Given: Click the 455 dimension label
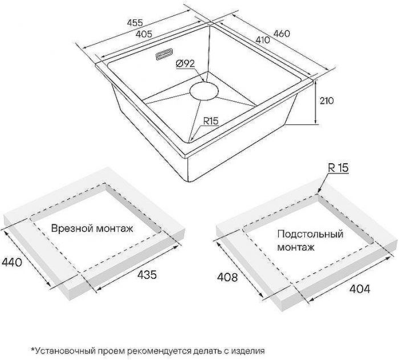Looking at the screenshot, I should [135, 23].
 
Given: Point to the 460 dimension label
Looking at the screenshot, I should [281, 34].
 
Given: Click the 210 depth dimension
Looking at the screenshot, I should [326, 100].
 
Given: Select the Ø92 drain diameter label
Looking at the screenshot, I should [186, 64].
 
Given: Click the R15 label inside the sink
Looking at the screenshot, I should [211, 121].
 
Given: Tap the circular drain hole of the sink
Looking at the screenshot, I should [203, 91].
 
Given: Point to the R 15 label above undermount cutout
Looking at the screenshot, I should [338, 167].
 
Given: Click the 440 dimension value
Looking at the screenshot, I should [11, 263].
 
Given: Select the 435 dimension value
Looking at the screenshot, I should [146, 275].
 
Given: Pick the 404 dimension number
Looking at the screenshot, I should [359, 289].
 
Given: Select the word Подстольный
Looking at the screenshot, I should [310, 234].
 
